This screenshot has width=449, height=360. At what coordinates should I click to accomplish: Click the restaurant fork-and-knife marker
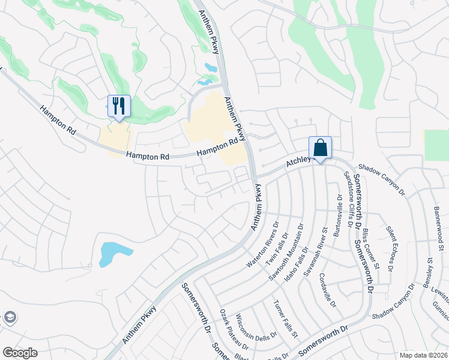coord(118,106)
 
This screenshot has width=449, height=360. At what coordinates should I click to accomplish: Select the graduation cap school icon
coord(9,317)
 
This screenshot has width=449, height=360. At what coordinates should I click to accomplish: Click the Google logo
coord(20,353)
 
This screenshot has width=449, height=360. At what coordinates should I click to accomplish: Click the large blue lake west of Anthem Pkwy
coord(113,253)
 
